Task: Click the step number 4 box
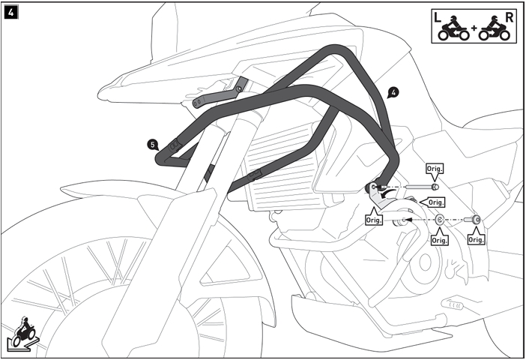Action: click(11, 13)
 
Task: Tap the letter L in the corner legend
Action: click(437, 17)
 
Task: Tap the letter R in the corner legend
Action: click(510, 17)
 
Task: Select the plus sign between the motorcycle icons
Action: click(474, 28)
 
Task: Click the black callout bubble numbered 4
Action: click(393, 93)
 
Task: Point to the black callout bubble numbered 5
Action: click(153, 145)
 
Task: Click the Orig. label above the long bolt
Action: click(435, 169)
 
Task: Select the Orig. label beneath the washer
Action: click(439, 241)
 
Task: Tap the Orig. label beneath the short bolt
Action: click(476, 240)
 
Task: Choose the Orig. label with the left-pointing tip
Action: click(436, 202)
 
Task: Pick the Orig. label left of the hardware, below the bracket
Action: click(374, 220)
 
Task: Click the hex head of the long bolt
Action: click(435, 187)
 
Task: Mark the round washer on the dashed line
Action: click(439, 220)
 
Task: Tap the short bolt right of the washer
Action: click(472, 220)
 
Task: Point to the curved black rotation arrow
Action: click(387, 193)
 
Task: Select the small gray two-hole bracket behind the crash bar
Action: click(220, 93)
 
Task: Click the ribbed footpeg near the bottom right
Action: click(453, 304)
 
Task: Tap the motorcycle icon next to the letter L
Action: click(454, 28)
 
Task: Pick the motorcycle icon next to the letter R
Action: click(494, 28)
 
